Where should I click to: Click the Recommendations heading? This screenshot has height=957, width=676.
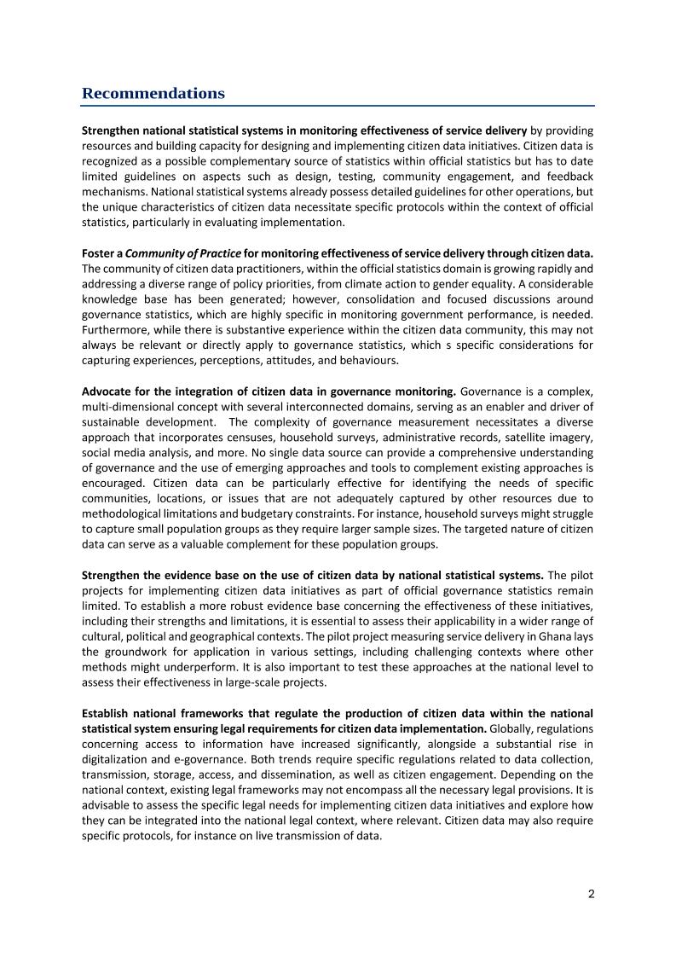pos(153,93)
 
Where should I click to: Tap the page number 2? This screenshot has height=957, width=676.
pos(591,894)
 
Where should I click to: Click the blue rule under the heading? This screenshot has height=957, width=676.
pos(338,106)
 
